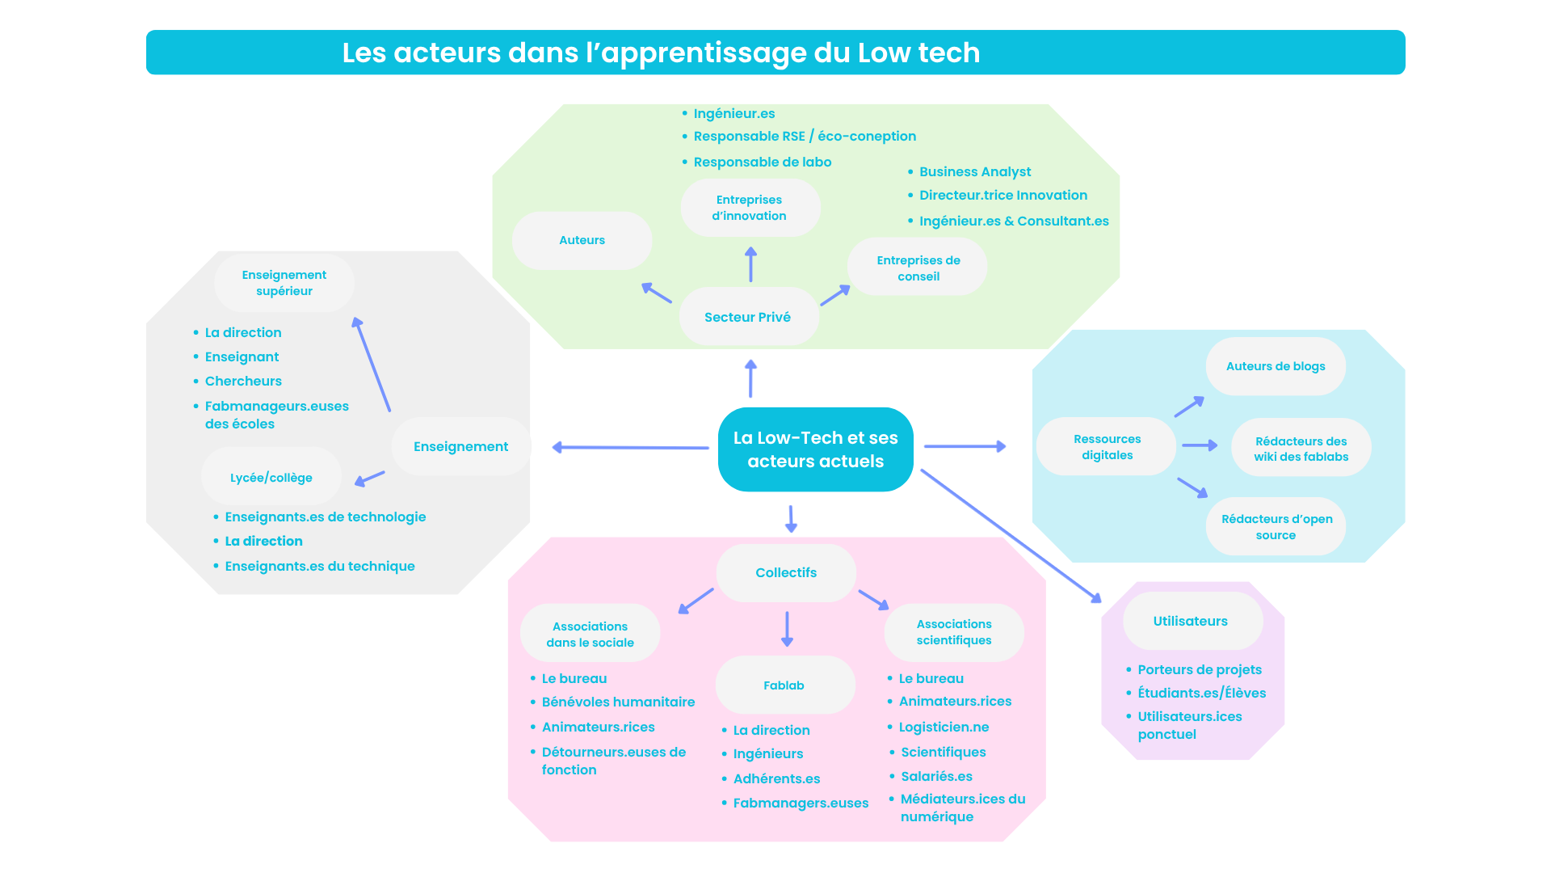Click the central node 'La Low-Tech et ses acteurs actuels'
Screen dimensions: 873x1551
coord(815,449)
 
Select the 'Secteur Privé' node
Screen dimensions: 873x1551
coord(748,317)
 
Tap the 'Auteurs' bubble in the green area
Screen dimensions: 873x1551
coord(582,240)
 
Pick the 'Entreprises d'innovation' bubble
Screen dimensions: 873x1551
coord(750,208)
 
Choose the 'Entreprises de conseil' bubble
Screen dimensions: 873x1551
coord(918,268)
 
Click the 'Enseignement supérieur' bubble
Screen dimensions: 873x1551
coord(284,283)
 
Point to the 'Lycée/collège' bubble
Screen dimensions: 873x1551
coord(271,478)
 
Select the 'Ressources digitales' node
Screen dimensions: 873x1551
coord(1107,447)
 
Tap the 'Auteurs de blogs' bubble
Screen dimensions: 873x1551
coord(1276,366)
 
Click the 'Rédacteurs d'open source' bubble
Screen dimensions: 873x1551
coord(1276,527)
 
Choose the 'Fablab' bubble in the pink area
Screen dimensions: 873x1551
coord(784,685)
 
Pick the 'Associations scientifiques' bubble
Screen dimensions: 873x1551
coord(954,632)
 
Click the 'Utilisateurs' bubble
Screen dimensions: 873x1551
coord(1191,621)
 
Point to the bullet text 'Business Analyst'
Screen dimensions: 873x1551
coord(975,171)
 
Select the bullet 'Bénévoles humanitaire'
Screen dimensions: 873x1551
coord(618,702)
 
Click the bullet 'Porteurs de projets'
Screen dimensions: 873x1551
coord(1200,669)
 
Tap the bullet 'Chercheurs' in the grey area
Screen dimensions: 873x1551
coord(243,381)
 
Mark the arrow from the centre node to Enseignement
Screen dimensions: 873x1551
coord(630,447)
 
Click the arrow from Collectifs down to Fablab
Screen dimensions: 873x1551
coord(787,629)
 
